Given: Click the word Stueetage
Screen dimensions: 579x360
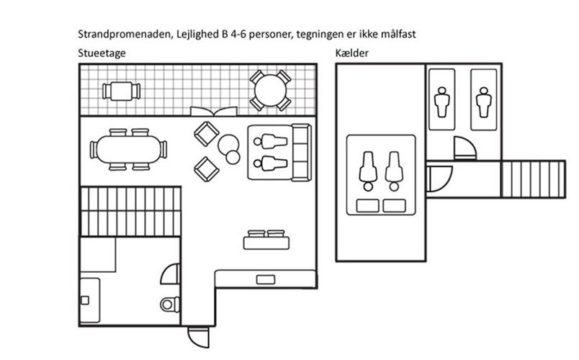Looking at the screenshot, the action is [102, 53].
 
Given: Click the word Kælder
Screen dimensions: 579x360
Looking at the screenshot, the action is [352, 53].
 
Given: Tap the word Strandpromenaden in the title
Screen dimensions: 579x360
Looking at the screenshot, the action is [125, 35].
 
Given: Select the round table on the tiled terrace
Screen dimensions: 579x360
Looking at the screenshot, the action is [270, 91].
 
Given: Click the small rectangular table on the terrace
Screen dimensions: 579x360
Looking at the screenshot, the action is [121, 91].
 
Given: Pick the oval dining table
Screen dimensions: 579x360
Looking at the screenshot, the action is [128, 149].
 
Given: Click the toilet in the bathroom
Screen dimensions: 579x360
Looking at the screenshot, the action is [170, 305].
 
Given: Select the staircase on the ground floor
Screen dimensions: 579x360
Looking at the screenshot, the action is [131, 212].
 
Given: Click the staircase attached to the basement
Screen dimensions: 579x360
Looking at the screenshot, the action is [533, 179].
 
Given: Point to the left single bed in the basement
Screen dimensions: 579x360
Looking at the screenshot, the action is [441, 99].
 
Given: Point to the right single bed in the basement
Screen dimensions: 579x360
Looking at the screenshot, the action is [484, 99].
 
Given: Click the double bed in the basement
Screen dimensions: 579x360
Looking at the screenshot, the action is [381, 175].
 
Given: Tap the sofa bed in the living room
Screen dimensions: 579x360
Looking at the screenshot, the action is [279, 153].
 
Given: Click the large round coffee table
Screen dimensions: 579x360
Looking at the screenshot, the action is [228, 145].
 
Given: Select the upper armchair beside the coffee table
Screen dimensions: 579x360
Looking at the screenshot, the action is [207, 134].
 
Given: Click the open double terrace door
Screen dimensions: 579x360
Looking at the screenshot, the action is [214, 111].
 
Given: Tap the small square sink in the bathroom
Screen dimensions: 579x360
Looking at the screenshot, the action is [85, 300].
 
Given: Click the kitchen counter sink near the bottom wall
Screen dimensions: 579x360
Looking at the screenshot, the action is [266, 279].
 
